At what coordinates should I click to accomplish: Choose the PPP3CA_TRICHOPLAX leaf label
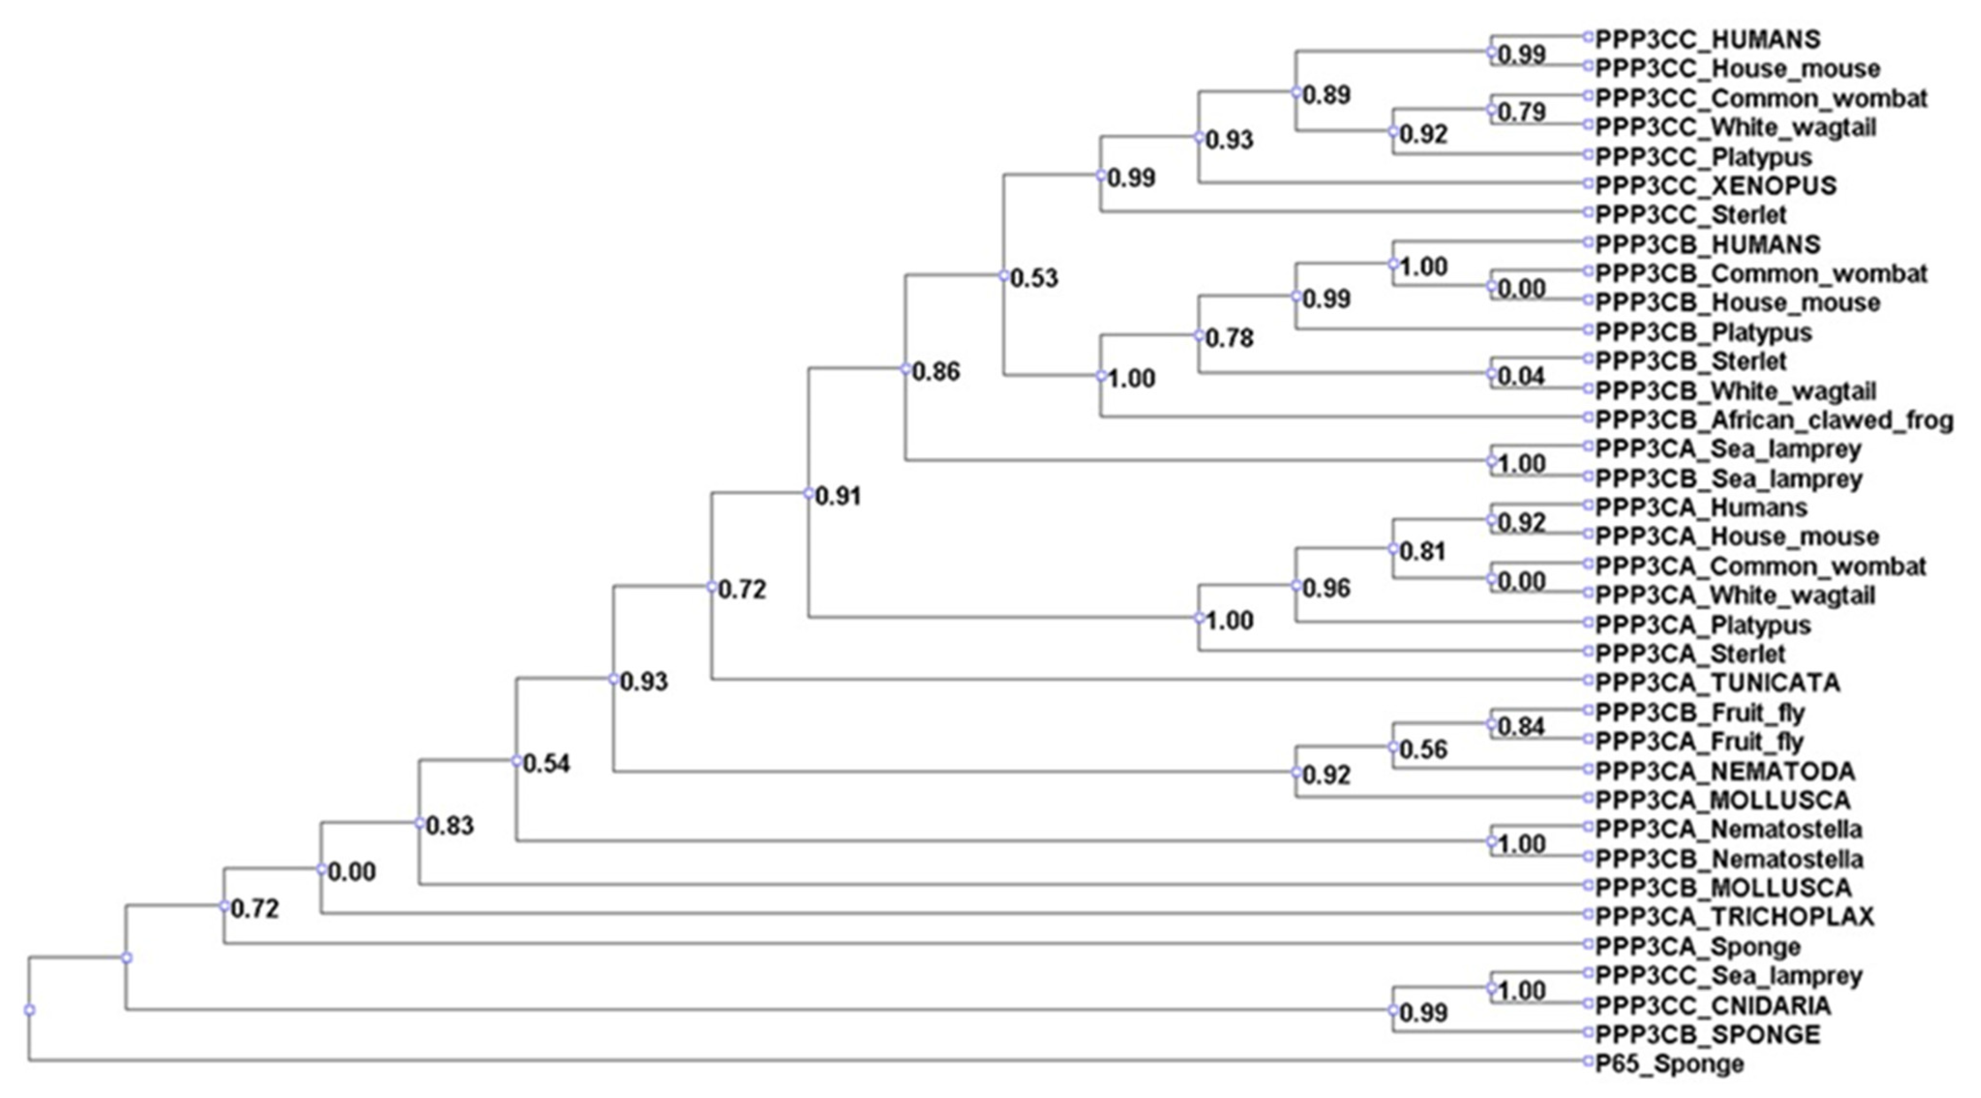1735,917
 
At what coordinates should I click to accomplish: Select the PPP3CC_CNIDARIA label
1713,1006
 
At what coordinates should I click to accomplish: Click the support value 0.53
1034,278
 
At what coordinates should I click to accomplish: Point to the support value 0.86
936,372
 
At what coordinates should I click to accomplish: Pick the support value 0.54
547,764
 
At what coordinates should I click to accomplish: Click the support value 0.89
1326,95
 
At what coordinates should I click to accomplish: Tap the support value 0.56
1423,750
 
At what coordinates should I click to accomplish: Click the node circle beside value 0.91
808,494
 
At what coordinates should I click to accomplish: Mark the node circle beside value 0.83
419,823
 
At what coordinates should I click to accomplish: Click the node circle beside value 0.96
1296,586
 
